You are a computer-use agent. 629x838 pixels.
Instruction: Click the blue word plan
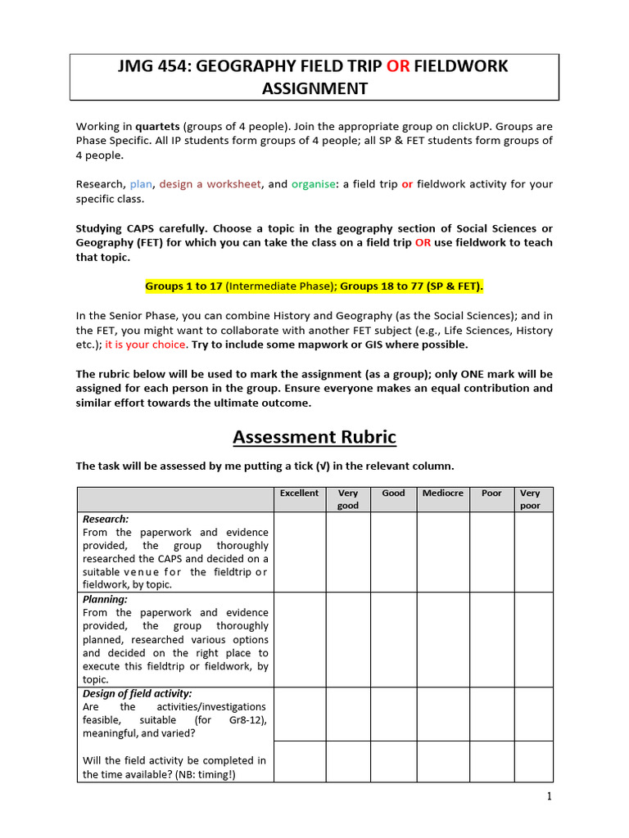click(141, 184)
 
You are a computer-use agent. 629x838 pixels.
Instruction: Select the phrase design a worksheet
click(210, 184)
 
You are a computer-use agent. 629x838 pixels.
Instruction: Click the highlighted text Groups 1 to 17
click(183, 286)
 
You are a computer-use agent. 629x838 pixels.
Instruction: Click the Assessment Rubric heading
click(314, 438)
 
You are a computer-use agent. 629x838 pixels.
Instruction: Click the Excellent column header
click(299, 493)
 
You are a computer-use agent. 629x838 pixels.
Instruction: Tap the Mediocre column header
click(442, 493)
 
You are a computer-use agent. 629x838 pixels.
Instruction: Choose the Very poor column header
click(530, 499)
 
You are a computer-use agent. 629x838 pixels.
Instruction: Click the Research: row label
click(106, 519)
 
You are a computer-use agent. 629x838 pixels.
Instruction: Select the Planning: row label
click(105, 599)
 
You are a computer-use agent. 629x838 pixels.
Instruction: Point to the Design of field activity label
click(138, 693)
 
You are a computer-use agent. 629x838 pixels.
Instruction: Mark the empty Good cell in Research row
click(393, 552)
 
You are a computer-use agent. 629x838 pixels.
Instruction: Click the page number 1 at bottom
click(550, 797)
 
